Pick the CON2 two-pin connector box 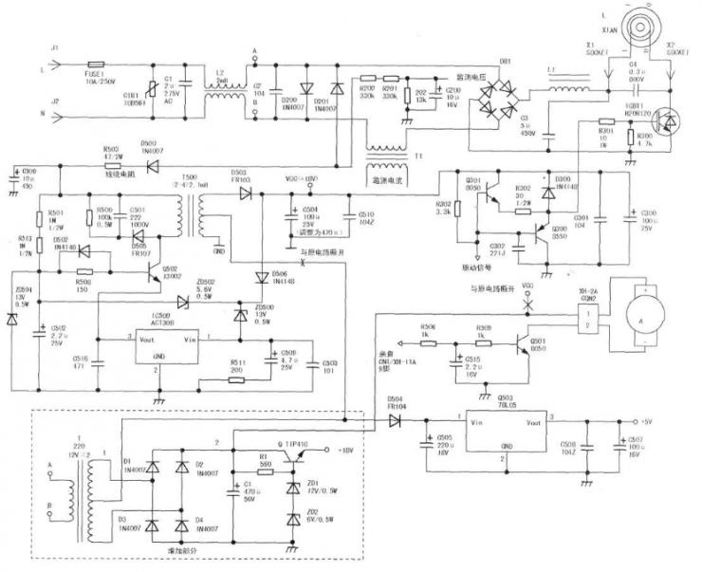click(x=589, y=320)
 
